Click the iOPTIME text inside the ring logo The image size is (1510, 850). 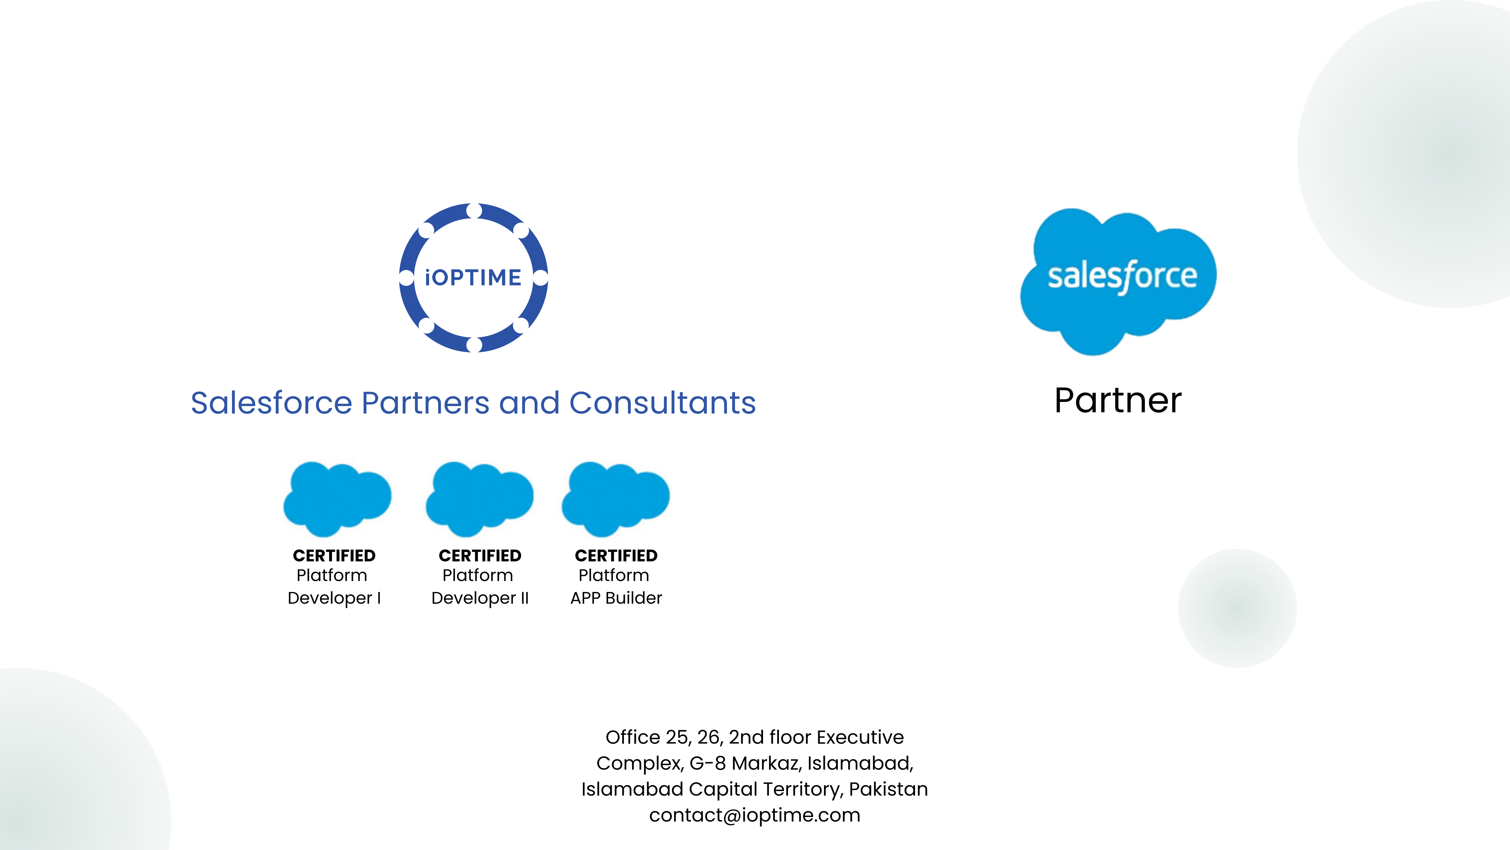click(473, 278)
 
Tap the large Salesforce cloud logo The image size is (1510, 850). click(1118, 282)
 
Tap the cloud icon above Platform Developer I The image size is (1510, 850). click(337, 499)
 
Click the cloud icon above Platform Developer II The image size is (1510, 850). click(479, 499)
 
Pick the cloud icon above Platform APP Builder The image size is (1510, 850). click(616, 499)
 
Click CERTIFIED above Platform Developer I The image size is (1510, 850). click(334, 556)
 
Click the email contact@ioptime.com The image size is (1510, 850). click(754, 815)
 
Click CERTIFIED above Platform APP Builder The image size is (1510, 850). click(616, 556)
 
